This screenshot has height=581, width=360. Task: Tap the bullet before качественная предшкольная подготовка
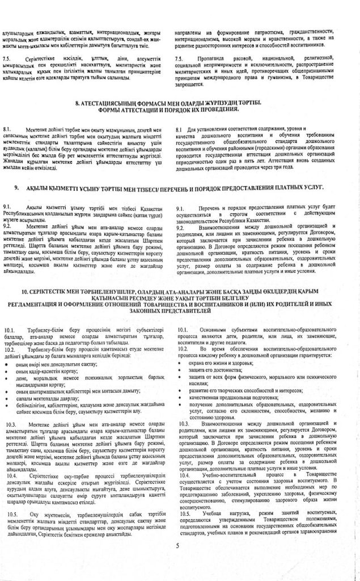[x=183, y=399]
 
